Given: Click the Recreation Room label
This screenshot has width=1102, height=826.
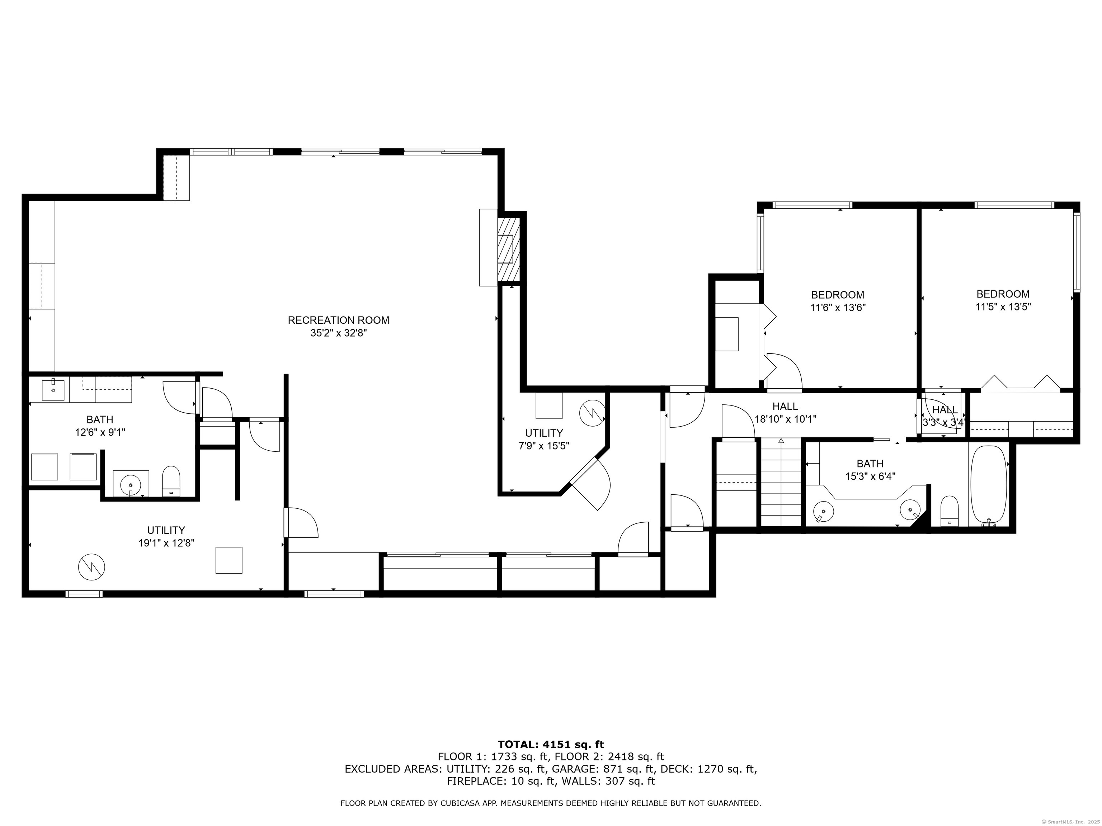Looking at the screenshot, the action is [338, 320].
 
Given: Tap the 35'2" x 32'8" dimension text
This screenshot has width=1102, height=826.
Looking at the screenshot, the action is [338, 333].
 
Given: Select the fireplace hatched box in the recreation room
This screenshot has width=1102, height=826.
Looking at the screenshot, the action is [509, 248].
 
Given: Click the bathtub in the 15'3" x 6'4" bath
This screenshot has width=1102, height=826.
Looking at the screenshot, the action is [988, 485].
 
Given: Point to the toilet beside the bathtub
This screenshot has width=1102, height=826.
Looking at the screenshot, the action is [949, 511].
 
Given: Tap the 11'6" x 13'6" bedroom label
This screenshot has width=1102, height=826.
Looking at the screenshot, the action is [838, 301].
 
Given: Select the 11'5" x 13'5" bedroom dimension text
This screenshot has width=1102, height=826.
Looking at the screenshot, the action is [1003, 307].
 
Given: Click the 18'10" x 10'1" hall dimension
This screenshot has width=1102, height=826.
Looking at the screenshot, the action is [786, 419].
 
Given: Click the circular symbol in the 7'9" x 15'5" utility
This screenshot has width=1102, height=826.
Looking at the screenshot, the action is [592, 413].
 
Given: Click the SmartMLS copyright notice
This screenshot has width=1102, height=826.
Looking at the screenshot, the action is [1071, 822].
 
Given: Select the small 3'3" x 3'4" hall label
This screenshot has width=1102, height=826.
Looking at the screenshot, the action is [945, 416].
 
